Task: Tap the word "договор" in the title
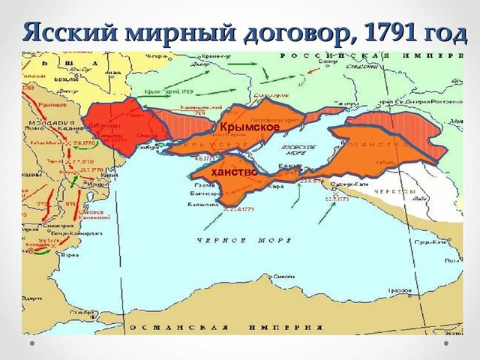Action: [295, 32]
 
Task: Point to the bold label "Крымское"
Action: [249, 127]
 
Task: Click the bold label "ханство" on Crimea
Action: [234, 172]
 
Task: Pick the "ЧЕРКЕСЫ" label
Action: [397, 191]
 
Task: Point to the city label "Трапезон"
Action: [399, 289]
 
